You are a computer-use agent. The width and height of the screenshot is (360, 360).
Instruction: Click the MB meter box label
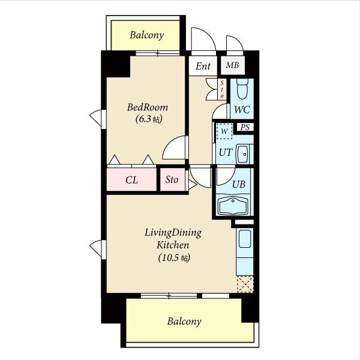232,65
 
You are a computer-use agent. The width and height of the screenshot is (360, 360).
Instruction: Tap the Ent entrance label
203,67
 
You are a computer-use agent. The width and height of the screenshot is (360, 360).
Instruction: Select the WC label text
242,110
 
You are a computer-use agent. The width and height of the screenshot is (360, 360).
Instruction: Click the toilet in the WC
242,89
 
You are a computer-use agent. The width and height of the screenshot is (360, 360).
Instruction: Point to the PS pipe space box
245,127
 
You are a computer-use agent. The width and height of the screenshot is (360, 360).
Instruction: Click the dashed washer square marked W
224,131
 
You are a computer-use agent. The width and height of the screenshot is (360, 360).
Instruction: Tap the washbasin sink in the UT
242,154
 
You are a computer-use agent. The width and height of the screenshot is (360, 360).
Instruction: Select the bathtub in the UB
233,205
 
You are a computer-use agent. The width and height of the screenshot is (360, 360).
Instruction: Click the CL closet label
132,180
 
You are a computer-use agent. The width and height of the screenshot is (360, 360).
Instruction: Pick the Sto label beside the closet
172,179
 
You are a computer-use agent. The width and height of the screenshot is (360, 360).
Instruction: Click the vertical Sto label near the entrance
222,89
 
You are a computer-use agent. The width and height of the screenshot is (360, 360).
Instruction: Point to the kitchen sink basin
245,239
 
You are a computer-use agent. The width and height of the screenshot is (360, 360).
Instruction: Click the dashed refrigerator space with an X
245,284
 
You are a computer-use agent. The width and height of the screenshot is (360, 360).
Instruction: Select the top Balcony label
147,35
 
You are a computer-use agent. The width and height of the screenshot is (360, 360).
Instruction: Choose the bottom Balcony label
184,322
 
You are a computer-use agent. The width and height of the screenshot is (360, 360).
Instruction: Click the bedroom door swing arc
170,143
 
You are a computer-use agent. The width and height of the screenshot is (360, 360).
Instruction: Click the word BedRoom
148,107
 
